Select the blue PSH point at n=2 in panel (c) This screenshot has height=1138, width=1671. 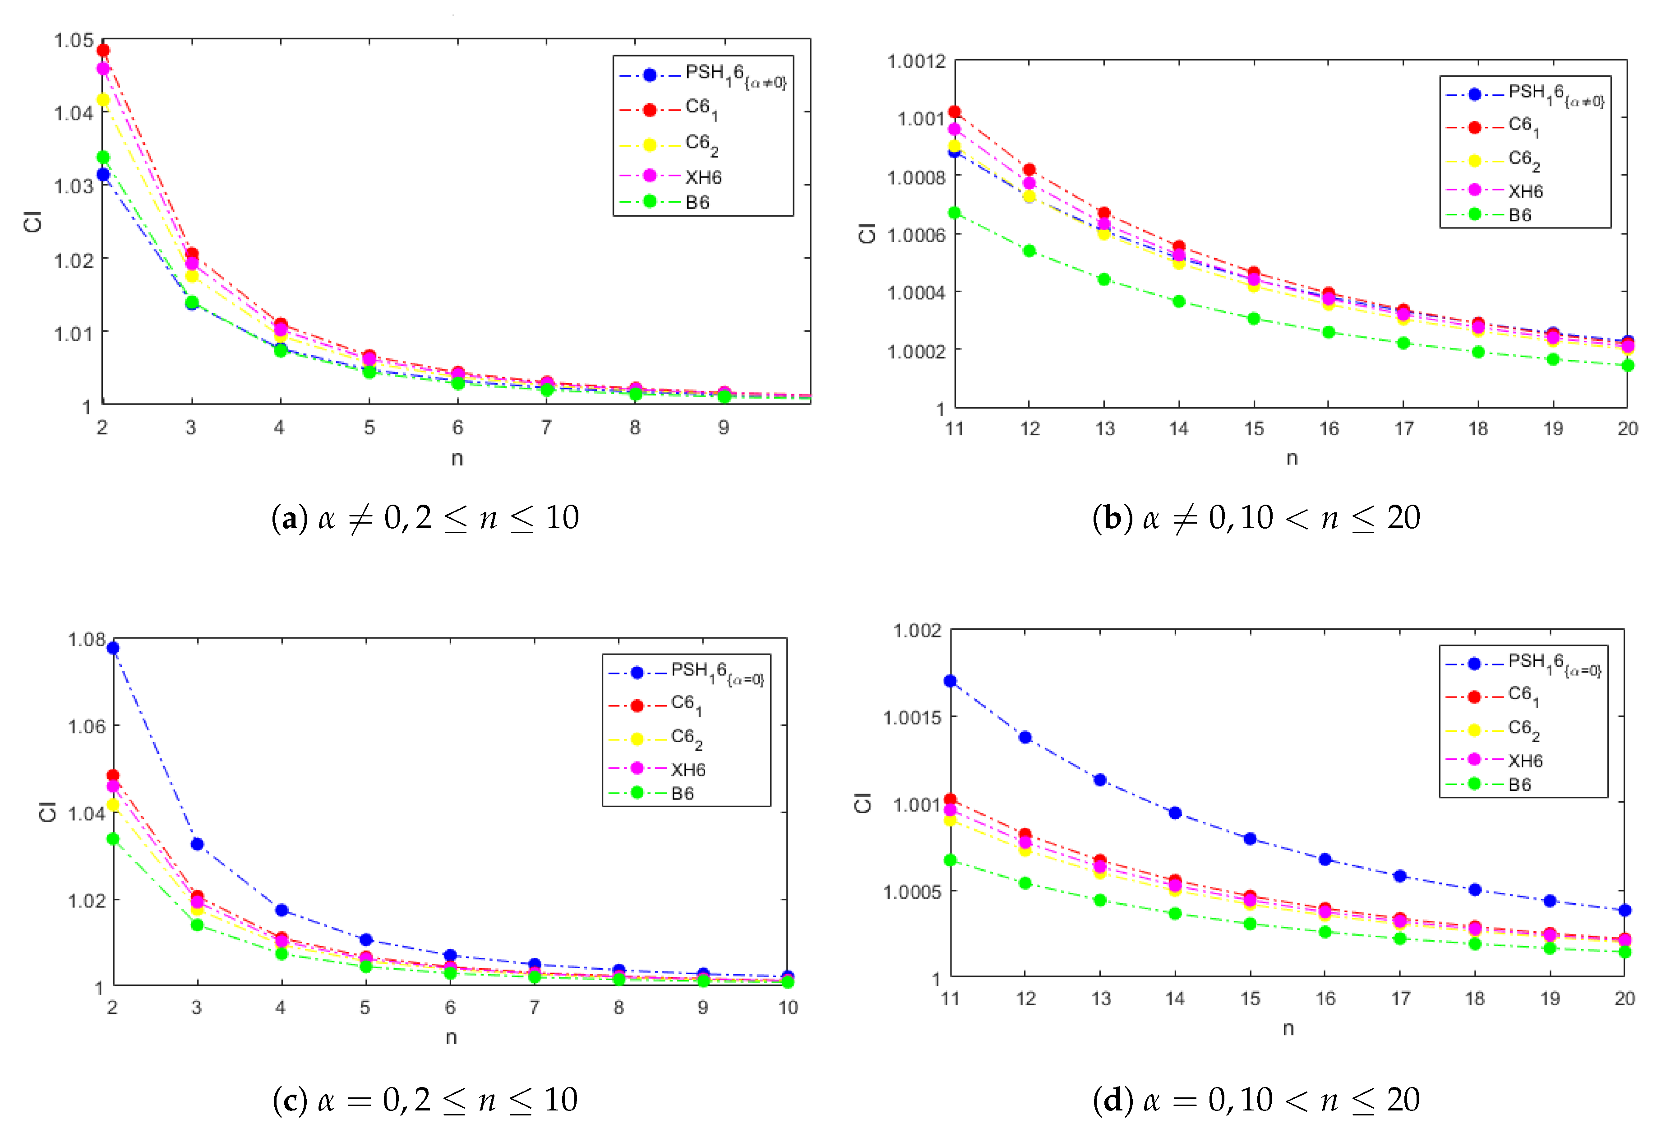coord(113,648)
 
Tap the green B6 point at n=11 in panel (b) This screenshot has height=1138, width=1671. coord(954,213)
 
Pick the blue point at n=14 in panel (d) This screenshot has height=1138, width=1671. coord(1175,813)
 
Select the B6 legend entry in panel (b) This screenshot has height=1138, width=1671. coord(1519,215)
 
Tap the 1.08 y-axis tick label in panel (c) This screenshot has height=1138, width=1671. coord(86,640)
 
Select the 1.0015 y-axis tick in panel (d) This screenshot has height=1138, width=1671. coord(912,717)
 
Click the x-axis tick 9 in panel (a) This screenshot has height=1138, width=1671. coord(723,428)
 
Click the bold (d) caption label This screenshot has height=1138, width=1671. coord(1111,1100)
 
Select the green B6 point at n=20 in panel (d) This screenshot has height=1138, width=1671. coord(1624,952)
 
